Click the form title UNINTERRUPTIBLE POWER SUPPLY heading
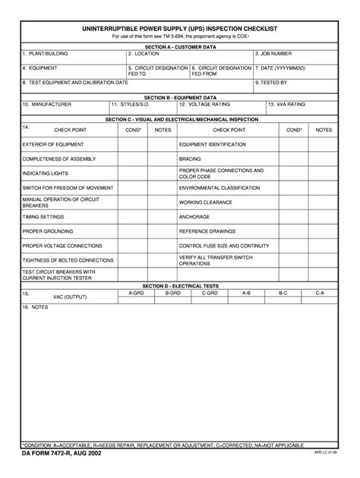click(x=179, y=28)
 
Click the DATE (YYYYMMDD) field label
click(x=282, y=68)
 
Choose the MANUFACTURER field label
click(x=48, y=103)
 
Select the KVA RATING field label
click(x=288, y=103)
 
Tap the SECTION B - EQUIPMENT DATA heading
click(x=180, y=97)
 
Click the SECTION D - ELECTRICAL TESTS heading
click(x=180, y=286)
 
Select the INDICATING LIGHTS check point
click(x=45, y=173)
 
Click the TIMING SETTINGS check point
click(x=43, y=216)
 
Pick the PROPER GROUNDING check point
click(x=46, y=231)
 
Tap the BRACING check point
click(x=190, y=159)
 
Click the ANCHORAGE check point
click(x=194, y=216)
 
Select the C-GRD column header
click(x=210, y=292)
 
